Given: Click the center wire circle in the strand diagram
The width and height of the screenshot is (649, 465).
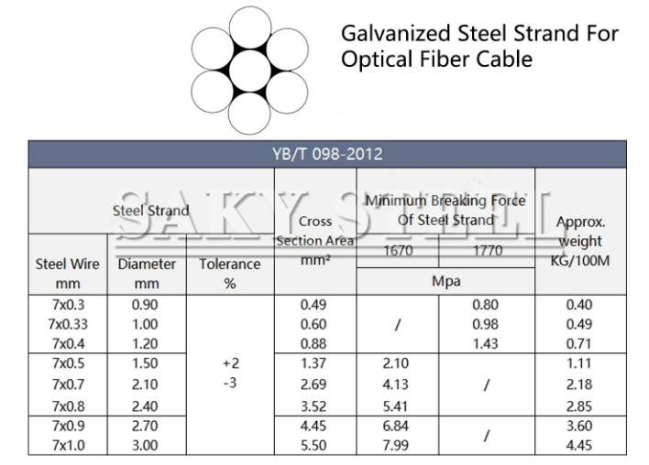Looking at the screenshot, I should [x=249, y=70].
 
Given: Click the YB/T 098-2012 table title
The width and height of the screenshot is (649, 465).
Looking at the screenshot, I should [x=327, y=154].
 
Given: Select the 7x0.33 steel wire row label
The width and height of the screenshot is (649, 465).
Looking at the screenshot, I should [x=66, y=324].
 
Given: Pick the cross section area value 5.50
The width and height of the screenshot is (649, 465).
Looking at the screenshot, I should [x=314, y=446].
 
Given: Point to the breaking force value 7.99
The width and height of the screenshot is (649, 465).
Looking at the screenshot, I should [x=397, y=446].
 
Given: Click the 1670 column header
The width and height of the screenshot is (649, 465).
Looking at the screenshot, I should [x=397, y=251].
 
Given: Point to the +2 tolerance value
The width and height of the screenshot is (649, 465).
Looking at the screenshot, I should [x=230, y=363].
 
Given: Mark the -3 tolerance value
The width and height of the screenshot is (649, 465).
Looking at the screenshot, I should [x=230, y=383].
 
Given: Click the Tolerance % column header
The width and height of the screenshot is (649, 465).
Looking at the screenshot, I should [x=230, y=274].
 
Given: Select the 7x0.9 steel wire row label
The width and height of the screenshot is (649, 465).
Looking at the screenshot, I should [x=66, y=426].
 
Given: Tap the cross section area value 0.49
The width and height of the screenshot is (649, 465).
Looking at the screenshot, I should [x=314, y=304].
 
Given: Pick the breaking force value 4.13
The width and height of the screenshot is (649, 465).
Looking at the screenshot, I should [x=397, y=384].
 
